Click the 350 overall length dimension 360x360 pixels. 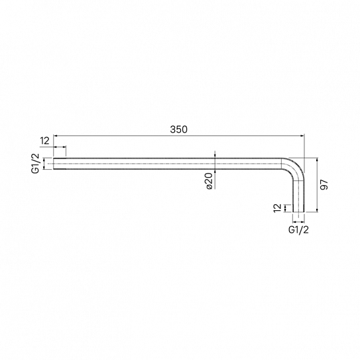click(x=178, y=131)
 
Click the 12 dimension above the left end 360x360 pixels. click(x=45, y=140)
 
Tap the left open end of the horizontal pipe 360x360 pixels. click(x=54, y=164)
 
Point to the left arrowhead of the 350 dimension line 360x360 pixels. click(x=56, y=136)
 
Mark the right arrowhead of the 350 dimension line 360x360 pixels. click(x=302, y=136)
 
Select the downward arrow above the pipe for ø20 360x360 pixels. click(x=215, y=155)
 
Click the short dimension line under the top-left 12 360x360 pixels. click(x=60, y=147)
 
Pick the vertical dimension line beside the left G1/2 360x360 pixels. click(x=45, y=164)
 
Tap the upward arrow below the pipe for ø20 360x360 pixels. click(x=215, y=172)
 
